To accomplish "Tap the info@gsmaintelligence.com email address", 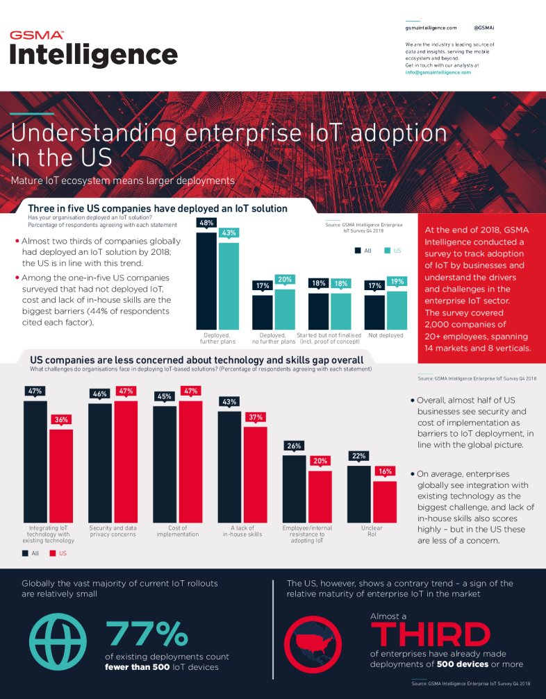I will click(438, 72).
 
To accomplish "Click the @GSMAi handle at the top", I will click(483, 28).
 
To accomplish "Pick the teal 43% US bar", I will click(229, 285).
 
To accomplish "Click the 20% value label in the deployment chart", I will click(284, 280).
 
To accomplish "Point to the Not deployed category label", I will click(386, 335).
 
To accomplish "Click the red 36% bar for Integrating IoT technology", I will click(60, 475).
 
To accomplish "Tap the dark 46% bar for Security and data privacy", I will click(99, 462).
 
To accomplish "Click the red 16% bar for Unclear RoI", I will click(384, 500).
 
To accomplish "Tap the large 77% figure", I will click(146, 633).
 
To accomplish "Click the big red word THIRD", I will click(430, 634).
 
